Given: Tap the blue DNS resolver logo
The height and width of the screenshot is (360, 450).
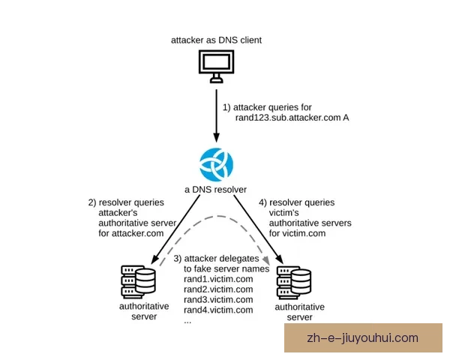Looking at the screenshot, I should (x=216, y=165).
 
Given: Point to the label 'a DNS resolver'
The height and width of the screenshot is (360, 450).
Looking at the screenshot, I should (x=216, y=189).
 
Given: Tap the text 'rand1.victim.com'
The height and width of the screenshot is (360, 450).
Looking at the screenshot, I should (x=219, y=279).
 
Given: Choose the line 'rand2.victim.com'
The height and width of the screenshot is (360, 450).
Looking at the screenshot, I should (x=219, y=289).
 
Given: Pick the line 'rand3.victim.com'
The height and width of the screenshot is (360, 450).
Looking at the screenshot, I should (x=219, y=300).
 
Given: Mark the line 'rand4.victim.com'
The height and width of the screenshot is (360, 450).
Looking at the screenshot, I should (x=219, y=310).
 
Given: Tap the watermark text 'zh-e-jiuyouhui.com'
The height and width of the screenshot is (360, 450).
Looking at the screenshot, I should (x=362, y=338).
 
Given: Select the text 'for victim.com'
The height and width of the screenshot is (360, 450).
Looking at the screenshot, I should (x=297, y=233).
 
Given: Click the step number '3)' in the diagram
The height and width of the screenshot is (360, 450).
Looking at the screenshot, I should (x=177, y=258).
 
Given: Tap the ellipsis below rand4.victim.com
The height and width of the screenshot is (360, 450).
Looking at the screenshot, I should (x=187, y=320).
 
